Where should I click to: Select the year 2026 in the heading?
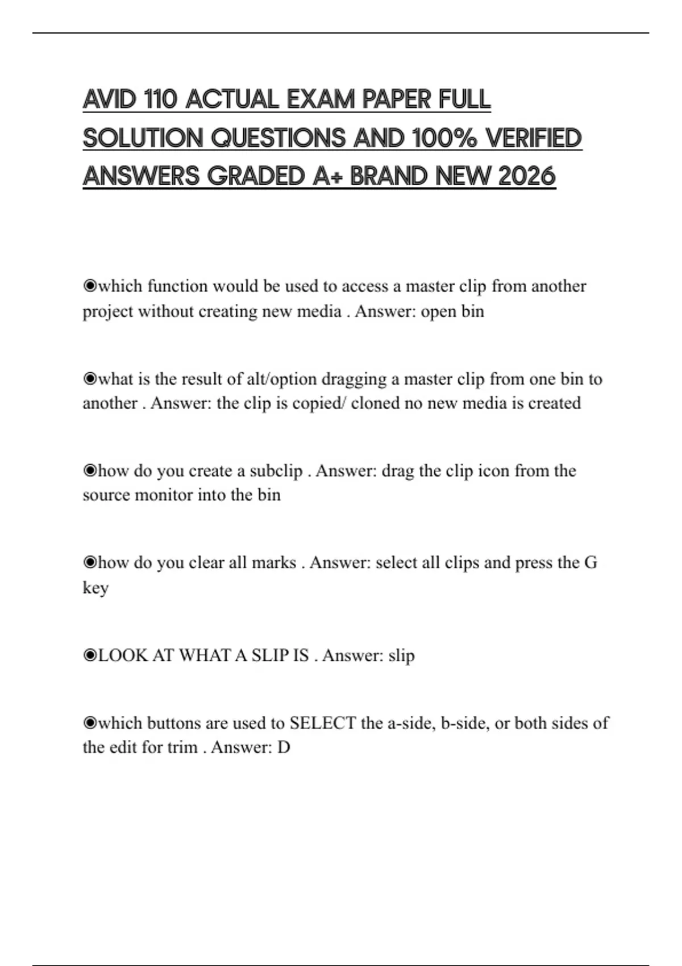click(526, 176)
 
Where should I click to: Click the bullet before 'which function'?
click(90, 286)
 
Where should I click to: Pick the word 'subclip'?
click(276, 470)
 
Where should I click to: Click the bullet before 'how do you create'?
click(90, 470)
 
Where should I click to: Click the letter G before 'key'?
click(590, 563)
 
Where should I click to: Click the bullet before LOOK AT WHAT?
click(90, 655)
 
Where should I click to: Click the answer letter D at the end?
click(284, 747)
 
